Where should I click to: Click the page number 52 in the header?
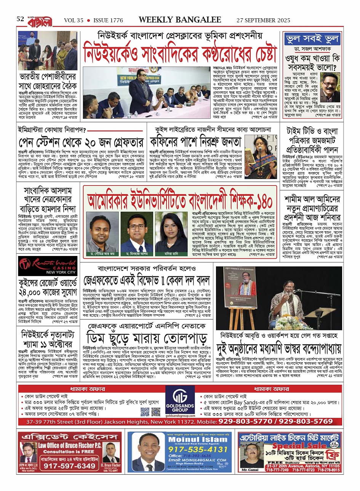pos(20,19)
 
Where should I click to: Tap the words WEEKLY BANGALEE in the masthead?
pos(180,20)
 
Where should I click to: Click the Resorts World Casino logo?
pos(48,265)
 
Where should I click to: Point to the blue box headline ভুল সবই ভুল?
pos(311,39)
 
